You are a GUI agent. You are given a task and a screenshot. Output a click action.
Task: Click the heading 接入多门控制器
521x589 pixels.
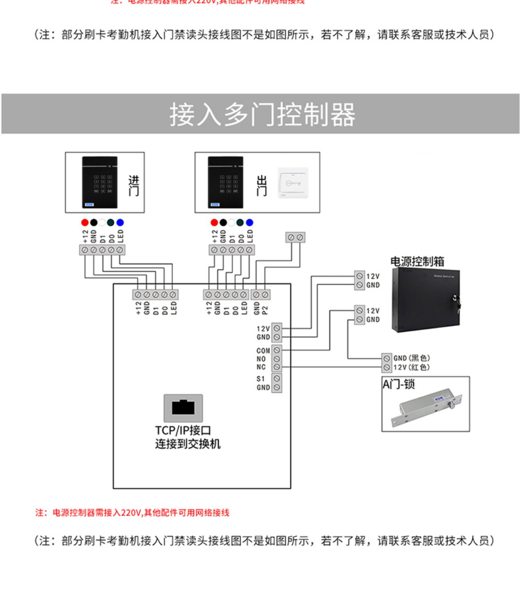[262, 114]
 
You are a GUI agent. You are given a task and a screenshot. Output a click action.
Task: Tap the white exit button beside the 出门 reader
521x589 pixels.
[293, 183]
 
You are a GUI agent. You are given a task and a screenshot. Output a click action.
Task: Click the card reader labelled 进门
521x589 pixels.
[100, 182]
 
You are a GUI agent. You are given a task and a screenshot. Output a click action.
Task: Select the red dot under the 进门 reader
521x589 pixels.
[85, 223]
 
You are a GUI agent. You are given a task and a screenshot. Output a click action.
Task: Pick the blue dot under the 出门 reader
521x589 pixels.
[249, 223]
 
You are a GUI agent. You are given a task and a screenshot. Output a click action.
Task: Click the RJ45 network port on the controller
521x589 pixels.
[183, 407]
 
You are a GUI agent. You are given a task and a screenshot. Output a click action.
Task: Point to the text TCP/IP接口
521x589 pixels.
[183, 431]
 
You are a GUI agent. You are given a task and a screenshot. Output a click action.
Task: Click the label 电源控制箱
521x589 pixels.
[417, 261]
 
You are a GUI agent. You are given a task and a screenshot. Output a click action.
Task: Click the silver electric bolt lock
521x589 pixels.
[426, 406]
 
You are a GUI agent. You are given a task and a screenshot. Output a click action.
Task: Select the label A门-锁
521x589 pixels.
[398, 384]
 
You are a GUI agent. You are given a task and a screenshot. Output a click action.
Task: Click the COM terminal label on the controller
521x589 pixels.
[263, 351]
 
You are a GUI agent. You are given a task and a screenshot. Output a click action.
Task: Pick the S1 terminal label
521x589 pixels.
[260, 379]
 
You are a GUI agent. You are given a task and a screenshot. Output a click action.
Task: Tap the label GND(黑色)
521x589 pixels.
[411, 358]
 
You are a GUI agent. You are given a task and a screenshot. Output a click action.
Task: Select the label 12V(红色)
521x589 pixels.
[411, 367]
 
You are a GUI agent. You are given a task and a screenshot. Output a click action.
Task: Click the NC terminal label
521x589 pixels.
[261, 367]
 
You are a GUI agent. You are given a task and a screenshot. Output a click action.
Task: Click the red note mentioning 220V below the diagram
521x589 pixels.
[132, 513]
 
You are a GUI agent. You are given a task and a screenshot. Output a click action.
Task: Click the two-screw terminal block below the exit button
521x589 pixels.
[295, 238]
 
